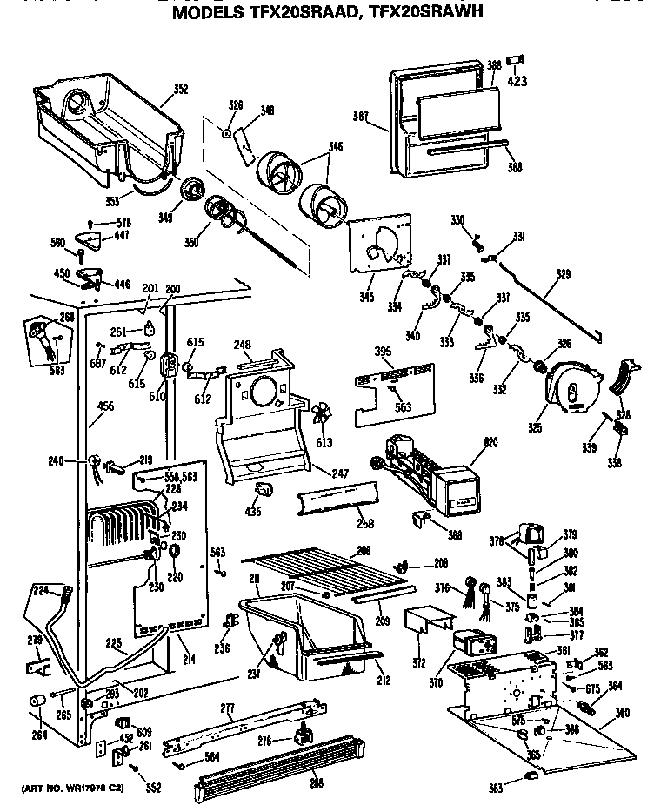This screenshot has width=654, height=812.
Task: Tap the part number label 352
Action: pos(180,88)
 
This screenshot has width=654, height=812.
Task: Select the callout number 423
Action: pos(517,83)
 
